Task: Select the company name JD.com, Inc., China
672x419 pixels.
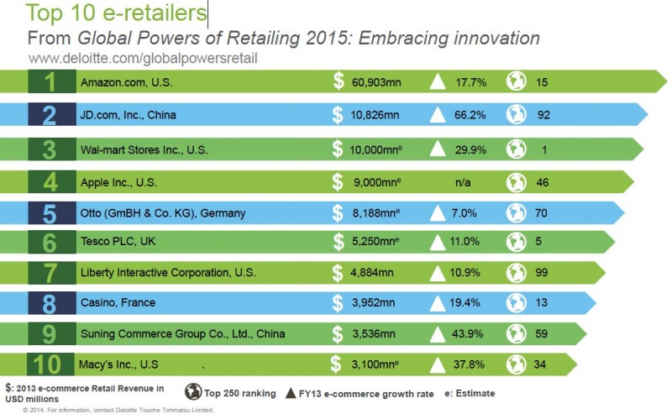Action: tap(129, 114)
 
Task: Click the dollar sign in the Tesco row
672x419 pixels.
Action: tap(338, 242)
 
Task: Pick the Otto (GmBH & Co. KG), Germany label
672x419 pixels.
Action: tap(163, 213)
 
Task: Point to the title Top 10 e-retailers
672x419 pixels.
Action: tap(118, 13)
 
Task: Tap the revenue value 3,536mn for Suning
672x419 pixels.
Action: tap(373, 333)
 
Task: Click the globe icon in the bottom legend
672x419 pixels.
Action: tap(192, 391)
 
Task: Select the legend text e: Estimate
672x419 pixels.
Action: tap(465, 392)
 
